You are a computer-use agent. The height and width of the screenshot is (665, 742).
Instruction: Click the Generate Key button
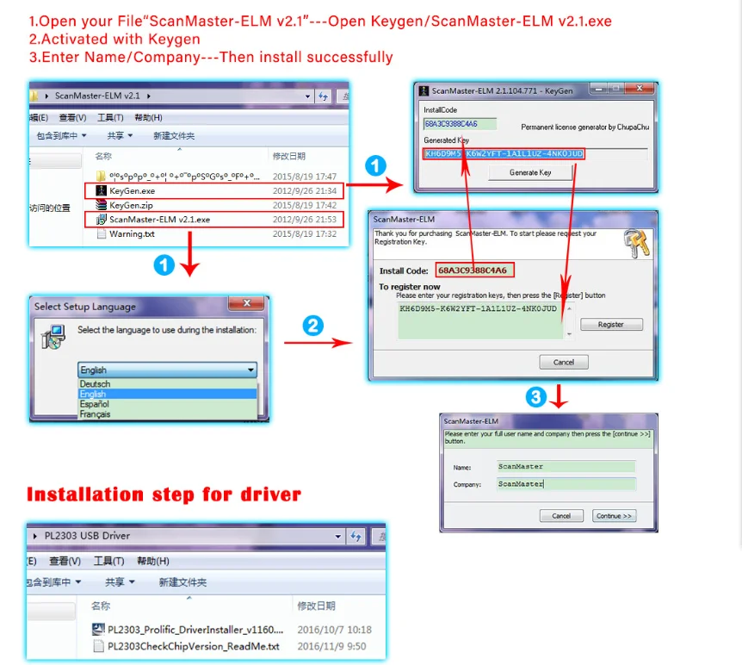[529, 172]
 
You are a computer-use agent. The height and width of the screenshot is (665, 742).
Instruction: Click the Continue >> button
[614, 516]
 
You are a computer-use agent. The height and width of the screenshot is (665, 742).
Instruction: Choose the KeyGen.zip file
[131, 205]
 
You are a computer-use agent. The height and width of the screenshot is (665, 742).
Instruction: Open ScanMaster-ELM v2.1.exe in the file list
[158, 220]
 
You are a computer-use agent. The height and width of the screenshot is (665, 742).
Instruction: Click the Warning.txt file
[131, 233]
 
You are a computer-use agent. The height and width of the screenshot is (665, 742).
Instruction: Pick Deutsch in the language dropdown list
[96, 384]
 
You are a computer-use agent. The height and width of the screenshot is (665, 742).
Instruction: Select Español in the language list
[95, 404]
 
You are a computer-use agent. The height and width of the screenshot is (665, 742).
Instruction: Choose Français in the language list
[96, 414]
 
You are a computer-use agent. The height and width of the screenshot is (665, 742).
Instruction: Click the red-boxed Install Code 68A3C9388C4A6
[474, 270]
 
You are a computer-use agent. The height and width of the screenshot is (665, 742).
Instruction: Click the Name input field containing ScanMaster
[566, 467]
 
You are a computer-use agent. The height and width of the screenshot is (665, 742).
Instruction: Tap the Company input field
[566, 484]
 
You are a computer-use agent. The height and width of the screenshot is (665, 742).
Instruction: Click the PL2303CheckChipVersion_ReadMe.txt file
[193, 646]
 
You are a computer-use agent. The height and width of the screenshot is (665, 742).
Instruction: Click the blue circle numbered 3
[536, 397]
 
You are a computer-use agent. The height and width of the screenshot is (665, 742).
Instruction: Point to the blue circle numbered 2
[314, 326]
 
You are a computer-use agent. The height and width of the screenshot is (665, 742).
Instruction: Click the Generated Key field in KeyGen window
[504, 153]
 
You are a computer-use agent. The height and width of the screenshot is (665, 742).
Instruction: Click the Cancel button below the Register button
[564, 362]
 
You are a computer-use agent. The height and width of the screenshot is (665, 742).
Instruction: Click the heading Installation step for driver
[164, 494]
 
